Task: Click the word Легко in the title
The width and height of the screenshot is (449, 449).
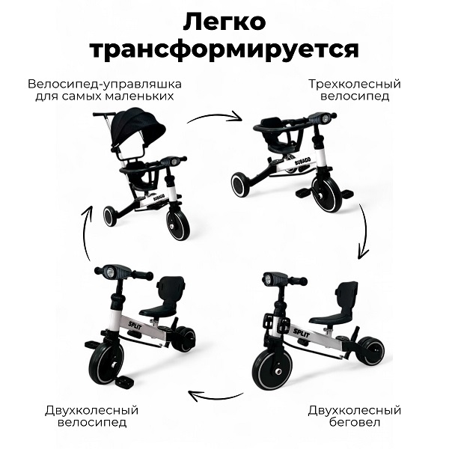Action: pos(224,22)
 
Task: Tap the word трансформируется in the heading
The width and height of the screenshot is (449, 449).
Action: pos(224,50)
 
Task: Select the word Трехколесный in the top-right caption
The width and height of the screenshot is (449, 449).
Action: pos(355,84)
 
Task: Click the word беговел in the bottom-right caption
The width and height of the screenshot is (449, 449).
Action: pos(355,422)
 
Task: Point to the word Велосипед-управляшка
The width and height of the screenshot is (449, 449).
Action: pos(105,85)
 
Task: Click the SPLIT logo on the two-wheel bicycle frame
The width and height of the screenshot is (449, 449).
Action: pos(135,326)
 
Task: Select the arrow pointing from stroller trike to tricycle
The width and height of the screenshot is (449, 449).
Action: pos(215,117)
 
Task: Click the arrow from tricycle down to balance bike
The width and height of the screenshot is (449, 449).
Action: pos(363,231)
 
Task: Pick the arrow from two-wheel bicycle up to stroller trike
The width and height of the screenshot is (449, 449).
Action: pos(87,233)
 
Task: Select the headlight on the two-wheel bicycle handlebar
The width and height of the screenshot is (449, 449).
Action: pos(110,272)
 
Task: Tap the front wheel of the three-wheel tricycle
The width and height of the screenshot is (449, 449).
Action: pos(327,193)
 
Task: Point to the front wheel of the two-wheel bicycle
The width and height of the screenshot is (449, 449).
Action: pos(106,363)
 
